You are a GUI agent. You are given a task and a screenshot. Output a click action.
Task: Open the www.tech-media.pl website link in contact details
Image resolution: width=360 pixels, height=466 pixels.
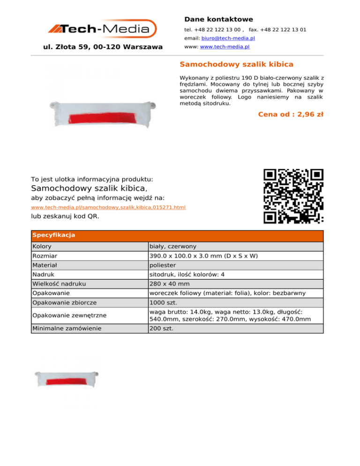[225, 47]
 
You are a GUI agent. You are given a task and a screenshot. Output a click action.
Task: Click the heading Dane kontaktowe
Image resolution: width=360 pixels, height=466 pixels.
[218, 19]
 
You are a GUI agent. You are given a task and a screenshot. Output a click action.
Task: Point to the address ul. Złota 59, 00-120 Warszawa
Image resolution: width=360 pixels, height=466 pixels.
[102, 47]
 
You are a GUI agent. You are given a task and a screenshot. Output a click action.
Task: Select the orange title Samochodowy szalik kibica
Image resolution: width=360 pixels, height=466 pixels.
[237, 64]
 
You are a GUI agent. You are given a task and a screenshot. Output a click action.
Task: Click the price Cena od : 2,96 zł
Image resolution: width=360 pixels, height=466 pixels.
[291, 114]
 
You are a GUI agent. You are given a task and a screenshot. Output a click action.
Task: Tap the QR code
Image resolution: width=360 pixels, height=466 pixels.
[293, 195]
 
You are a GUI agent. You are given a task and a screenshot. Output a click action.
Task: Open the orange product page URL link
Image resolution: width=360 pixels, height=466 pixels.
[108, 207]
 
